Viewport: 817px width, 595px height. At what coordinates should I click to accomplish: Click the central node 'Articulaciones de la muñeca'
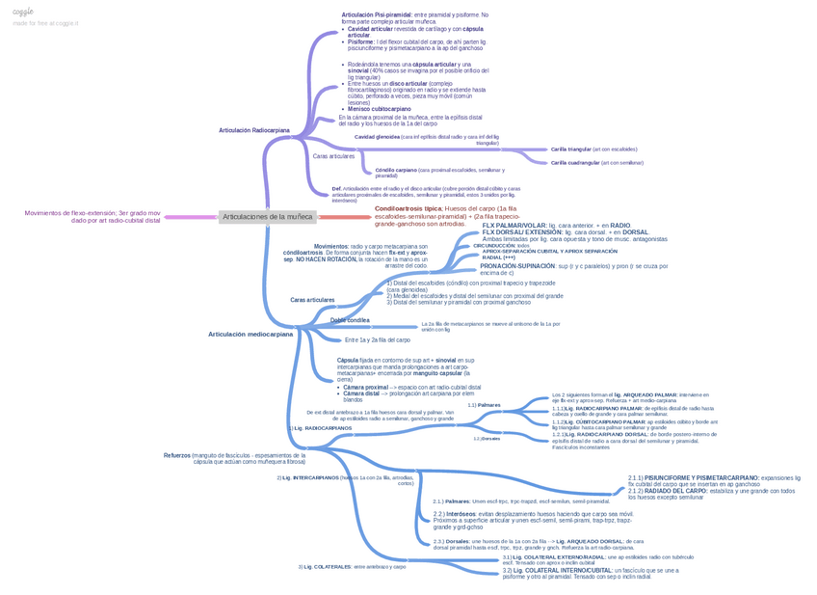point(267,217)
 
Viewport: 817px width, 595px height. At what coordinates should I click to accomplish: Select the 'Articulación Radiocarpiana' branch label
point(253,130)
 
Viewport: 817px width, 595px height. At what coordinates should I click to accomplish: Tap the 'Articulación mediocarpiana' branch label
point(250,335)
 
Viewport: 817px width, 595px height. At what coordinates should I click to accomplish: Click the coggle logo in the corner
point(23,12)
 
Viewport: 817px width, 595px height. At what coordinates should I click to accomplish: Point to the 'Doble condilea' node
point(350,320)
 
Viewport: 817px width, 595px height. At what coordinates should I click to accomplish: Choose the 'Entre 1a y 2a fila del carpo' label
point(377,339)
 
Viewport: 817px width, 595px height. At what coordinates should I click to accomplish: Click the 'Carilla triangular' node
point(570,149)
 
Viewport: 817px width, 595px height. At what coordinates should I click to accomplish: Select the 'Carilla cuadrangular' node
point(575,163)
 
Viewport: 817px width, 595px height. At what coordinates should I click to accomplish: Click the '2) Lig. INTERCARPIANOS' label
point(308,477)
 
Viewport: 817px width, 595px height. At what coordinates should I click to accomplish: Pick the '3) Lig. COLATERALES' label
point(325,567)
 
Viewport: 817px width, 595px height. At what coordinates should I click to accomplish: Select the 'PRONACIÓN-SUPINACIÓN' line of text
point(517,265)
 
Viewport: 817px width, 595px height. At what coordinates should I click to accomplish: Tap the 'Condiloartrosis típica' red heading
point(408,208)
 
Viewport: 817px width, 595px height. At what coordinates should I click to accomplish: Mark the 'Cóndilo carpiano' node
point(396,170)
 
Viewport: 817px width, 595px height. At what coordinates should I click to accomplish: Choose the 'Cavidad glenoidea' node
point(377,137)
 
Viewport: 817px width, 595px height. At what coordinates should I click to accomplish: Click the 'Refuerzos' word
point(177,455)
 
